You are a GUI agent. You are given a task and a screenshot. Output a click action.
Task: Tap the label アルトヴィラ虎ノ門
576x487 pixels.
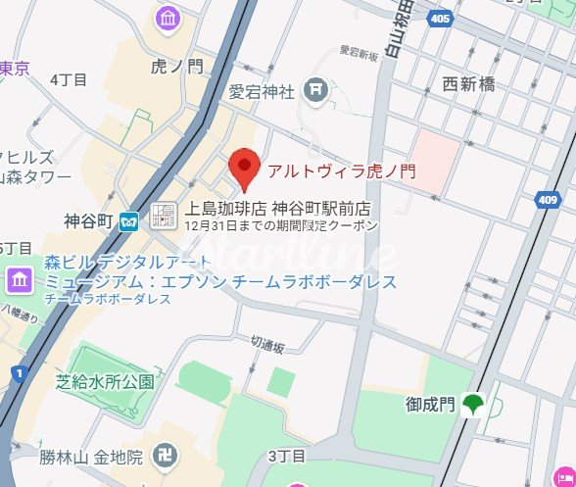click(x=342, y=171)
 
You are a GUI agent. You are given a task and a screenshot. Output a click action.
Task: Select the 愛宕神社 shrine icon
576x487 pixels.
click(x=315, y=91)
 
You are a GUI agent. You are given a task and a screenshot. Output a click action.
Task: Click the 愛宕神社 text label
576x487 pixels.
click(x=262, y=93)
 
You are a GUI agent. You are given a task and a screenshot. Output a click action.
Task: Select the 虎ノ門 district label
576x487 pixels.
click(x=178, y=67)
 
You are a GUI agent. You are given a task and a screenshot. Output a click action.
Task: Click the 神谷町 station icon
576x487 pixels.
click(x=128, y=220)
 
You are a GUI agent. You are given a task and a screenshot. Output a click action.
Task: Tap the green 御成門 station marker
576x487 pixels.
click(x=474, y=403)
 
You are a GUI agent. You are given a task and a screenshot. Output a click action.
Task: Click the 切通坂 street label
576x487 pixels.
click(x=266, y=346)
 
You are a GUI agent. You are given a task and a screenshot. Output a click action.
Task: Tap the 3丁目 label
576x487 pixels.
click(x=287, y=456)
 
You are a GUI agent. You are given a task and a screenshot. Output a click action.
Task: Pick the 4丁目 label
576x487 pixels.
click(x=68, y=79)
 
